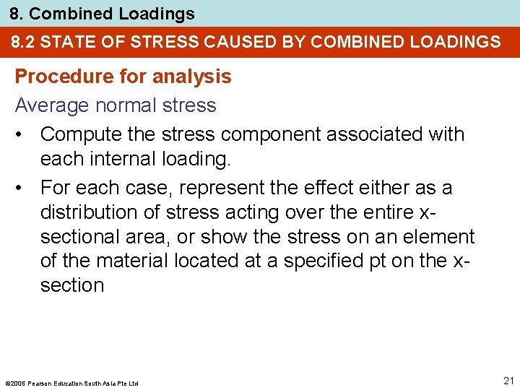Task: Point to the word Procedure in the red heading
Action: point(56,77)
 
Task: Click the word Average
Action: point(49,105)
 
